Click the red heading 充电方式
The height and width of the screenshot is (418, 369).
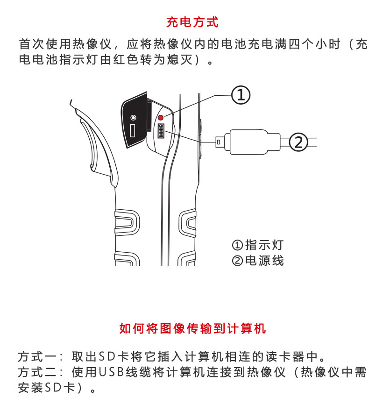192,22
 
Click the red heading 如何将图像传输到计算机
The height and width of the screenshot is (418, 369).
192,328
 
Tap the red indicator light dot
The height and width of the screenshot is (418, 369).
161,117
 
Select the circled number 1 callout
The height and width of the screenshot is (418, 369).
241,95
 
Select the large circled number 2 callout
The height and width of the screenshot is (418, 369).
298,142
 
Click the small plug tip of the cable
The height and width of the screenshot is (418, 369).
219,140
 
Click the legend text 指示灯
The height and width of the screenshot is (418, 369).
264,245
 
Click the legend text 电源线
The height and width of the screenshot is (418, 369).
264,260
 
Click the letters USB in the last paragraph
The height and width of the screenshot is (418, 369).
111,373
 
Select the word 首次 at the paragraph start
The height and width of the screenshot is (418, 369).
31,45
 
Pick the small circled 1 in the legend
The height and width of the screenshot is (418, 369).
237,245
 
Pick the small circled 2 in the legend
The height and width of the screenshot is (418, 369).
237,261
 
